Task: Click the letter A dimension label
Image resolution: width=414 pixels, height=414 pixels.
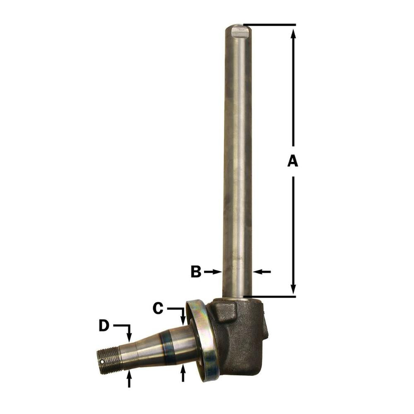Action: tap(293, 161)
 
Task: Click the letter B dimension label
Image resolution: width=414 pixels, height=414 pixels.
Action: tap(196, 272)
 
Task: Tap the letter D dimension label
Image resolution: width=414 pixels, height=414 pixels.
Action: tap(104, 326)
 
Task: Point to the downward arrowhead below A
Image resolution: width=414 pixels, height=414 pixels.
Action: tap(294, 288)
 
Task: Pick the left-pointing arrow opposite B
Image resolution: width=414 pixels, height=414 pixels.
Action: tap(262, 272)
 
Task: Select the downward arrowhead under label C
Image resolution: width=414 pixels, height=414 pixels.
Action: tap(183, 320)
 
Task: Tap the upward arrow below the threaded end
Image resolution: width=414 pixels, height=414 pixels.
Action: tap(129, 377)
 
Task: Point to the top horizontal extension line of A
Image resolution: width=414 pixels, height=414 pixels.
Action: tap(269, 25)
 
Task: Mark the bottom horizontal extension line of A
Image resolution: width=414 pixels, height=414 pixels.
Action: tap(269, 296)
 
